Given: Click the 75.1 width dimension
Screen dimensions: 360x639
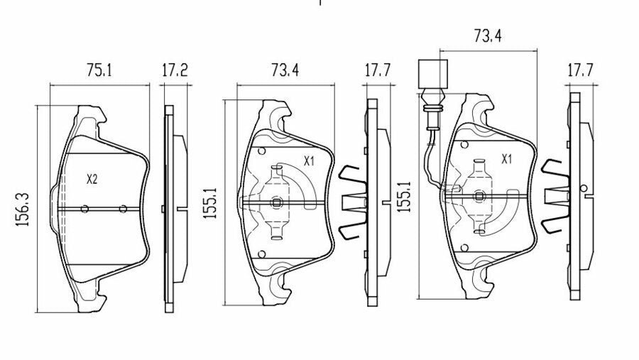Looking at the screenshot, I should pos(100,70).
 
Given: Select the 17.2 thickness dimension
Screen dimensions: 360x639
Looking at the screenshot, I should pos(174,70).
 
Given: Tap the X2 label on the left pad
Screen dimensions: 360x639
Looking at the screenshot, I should pos(91,180).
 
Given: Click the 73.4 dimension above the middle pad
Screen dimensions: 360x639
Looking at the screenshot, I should pos(285,70).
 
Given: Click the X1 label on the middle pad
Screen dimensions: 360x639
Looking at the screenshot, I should pos(309,161).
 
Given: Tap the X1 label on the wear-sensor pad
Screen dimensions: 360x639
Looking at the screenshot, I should pos(507,160).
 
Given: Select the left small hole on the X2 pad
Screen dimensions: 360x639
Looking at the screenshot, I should pos(84,209).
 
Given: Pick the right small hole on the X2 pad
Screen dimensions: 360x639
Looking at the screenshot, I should pos(123,209).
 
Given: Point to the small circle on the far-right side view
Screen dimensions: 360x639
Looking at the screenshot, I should pos(584,188).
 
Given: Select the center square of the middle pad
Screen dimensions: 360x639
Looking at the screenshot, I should pos(278,202).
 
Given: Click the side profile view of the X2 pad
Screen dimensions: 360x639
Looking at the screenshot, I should pos(170,208).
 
